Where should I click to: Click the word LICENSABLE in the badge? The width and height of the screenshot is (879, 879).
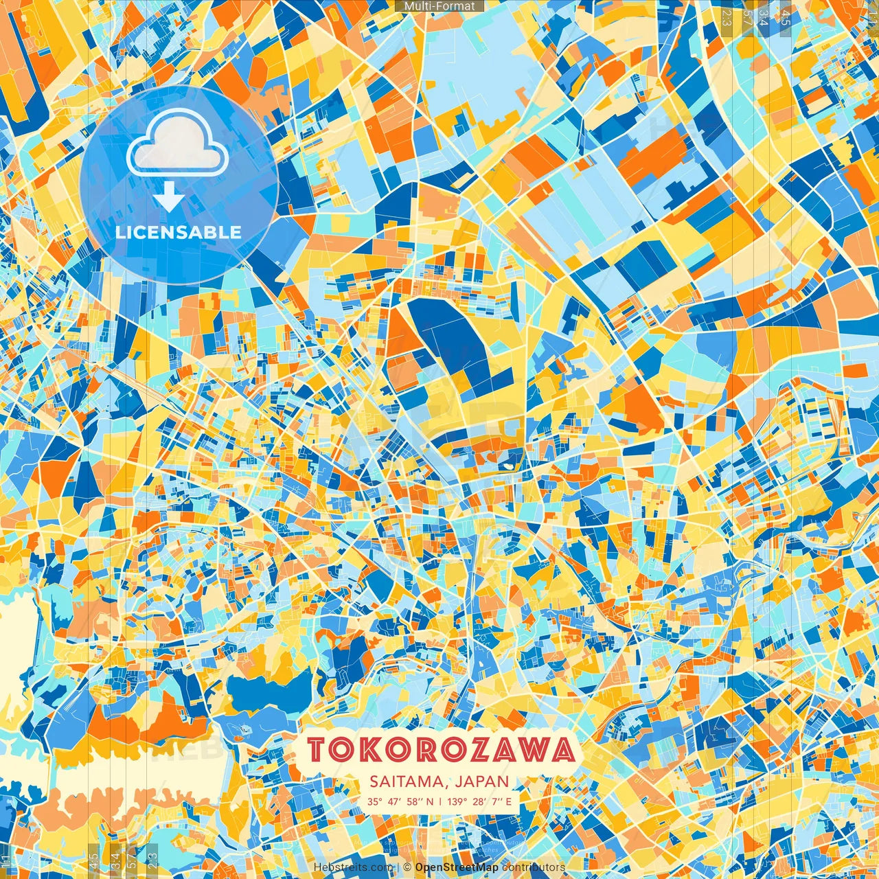pyautogui.click(x=179, y=232)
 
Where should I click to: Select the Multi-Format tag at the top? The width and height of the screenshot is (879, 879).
pyautogui.click(x=439, y=6)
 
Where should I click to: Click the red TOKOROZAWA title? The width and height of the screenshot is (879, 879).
pyautogui.click(x=440, y=750)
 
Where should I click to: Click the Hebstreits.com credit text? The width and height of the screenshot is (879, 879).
pyautogui.click(x=353, y=867)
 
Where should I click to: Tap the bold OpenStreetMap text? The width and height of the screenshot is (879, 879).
pyautogui.click(x=457, y=867)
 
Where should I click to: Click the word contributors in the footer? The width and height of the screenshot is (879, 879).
pyautogui.click(x=534, y=867)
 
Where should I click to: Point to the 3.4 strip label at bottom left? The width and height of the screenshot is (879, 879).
pyautogui.click(x=115, y=860)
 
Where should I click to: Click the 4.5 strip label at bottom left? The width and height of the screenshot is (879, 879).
pyautogui.click(x=93, y=860)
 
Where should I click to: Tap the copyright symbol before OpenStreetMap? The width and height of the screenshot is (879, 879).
pyautogui.click(x=407, y=867)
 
